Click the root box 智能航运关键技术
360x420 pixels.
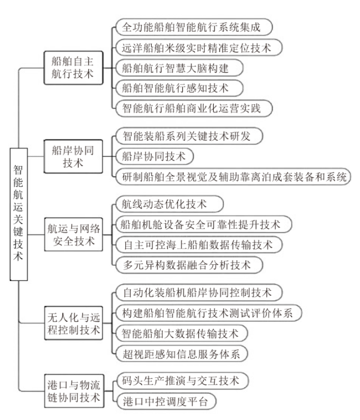click(x=18, y=212)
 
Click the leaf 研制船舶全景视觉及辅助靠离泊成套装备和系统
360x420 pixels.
click(x=233, y=177)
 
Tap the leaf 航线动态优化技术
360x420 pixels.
click(x=167, y=204)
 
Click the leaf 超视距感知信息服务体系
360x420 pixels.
click(x=183, y=353)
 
